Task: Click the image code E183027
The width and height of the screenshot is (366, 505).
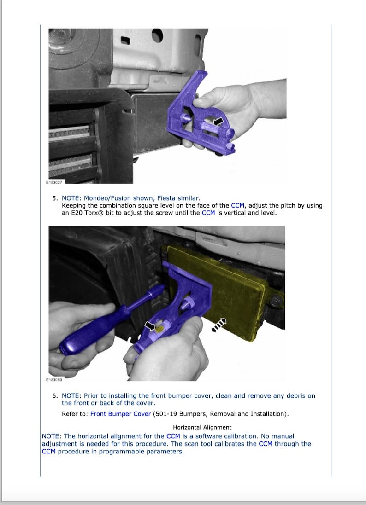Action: [x=55, y=182]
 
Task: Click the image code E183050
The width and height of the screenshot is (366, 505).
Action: [x=54, y=380]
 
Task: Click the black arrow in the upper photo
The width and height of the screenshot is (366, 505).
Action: [x=218, y=122]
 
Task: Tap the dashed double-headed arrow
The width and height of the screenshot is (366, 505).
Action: [x=219, y=325]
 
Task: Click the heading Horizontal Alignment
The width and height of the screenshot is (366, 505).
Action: [x=202, y=427]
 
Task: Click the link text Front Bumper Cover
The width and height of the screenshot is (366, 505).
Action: [x=121, y=414]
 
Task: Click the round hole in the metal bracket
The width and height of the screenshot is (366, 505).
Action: [x=157, y=35]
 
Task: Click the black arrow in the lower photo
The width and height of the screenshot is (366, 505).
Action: [x=150, y=325]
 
